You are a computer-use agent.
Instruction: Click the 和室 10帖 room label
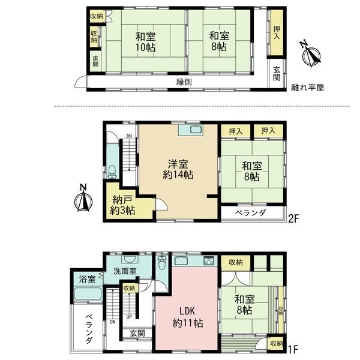(x=145, y=42)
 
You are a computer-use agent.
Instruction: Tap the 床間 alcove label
(x=95, y=61)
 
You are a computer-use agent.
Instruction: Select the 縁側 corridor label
(x=184, y=82)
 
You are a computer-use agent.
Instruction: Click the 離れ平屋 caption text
(x=307, y=88)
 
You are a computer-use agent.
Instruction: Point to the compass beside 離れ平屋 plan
(x=311, y=55)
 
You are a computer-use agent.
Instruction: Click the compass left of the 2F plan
(x=83, y=199)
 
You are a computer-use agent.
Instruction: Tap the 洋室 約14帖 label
(x=178, y=169)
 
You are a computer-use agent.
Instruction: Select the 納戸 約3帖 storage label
(x=122, y=205)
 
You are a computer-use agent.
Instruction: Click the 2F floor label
(x=293, y=218)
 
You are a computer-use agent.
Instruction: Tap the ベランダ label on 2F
(x=250, y=212)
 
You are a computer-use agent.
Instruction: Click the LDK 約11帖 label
(x=187, y=317)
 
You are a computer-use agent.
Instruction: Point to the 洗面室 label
(x=125, y=271)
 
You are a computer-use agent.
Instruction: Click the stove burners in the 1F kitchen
(x=209, y=261)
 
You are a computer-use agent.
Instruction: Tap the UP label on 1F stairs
(x=129, y=317)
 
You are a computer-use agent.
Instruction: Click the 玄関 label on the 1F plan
(x=137, y=334)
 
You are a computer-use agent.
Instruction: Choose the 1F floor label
(x=293, y=350)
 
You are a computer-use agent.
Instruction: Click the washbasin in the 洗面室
(x=131, y=259)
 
